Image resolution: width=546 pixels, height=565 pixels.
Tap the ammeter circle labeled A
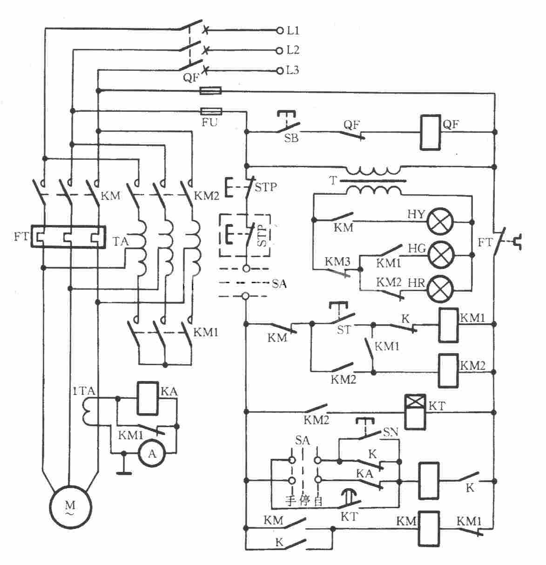click(152, 453)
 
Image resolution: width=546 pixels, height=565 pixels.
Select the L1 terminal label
click(293, 30)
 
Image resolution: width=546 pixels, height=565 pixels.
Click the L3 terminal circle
click(280, 71)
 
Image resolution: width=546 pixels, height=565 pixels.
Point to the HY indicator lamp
click(440, 222)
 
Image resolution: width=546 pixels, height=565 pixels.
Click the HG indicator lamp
click(440, 255)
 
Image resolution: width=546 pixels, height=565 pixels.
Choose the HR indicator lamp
click(440, 289)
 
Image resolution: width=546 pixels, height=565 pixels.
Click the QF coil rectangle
click(431, 132)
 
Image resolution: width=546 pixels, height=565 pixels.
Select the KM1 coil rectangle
click(449, 325)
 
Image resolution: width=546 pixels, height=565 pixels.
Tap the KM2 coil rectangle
click(449, 371)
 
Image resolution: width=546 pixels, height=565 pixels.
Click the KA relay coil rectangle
click(148, 398)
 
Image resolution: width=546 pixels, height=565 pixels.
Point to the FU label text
click(209, 122)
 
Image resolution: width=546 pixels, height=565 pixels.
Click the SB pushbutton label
click(291, 138)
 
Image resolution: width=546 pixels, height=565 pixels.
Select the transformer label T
click(333, 181)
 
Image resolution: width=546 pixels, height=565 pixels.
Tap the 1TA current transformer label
click(84, 391)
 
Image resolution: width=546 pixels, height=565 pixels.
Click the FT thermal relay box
click(68, 237)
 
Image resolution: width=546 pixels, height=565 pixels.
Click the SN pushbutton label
click(391, 432)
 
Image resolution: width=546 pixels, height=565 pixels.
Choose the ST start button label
click(344, 330)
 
